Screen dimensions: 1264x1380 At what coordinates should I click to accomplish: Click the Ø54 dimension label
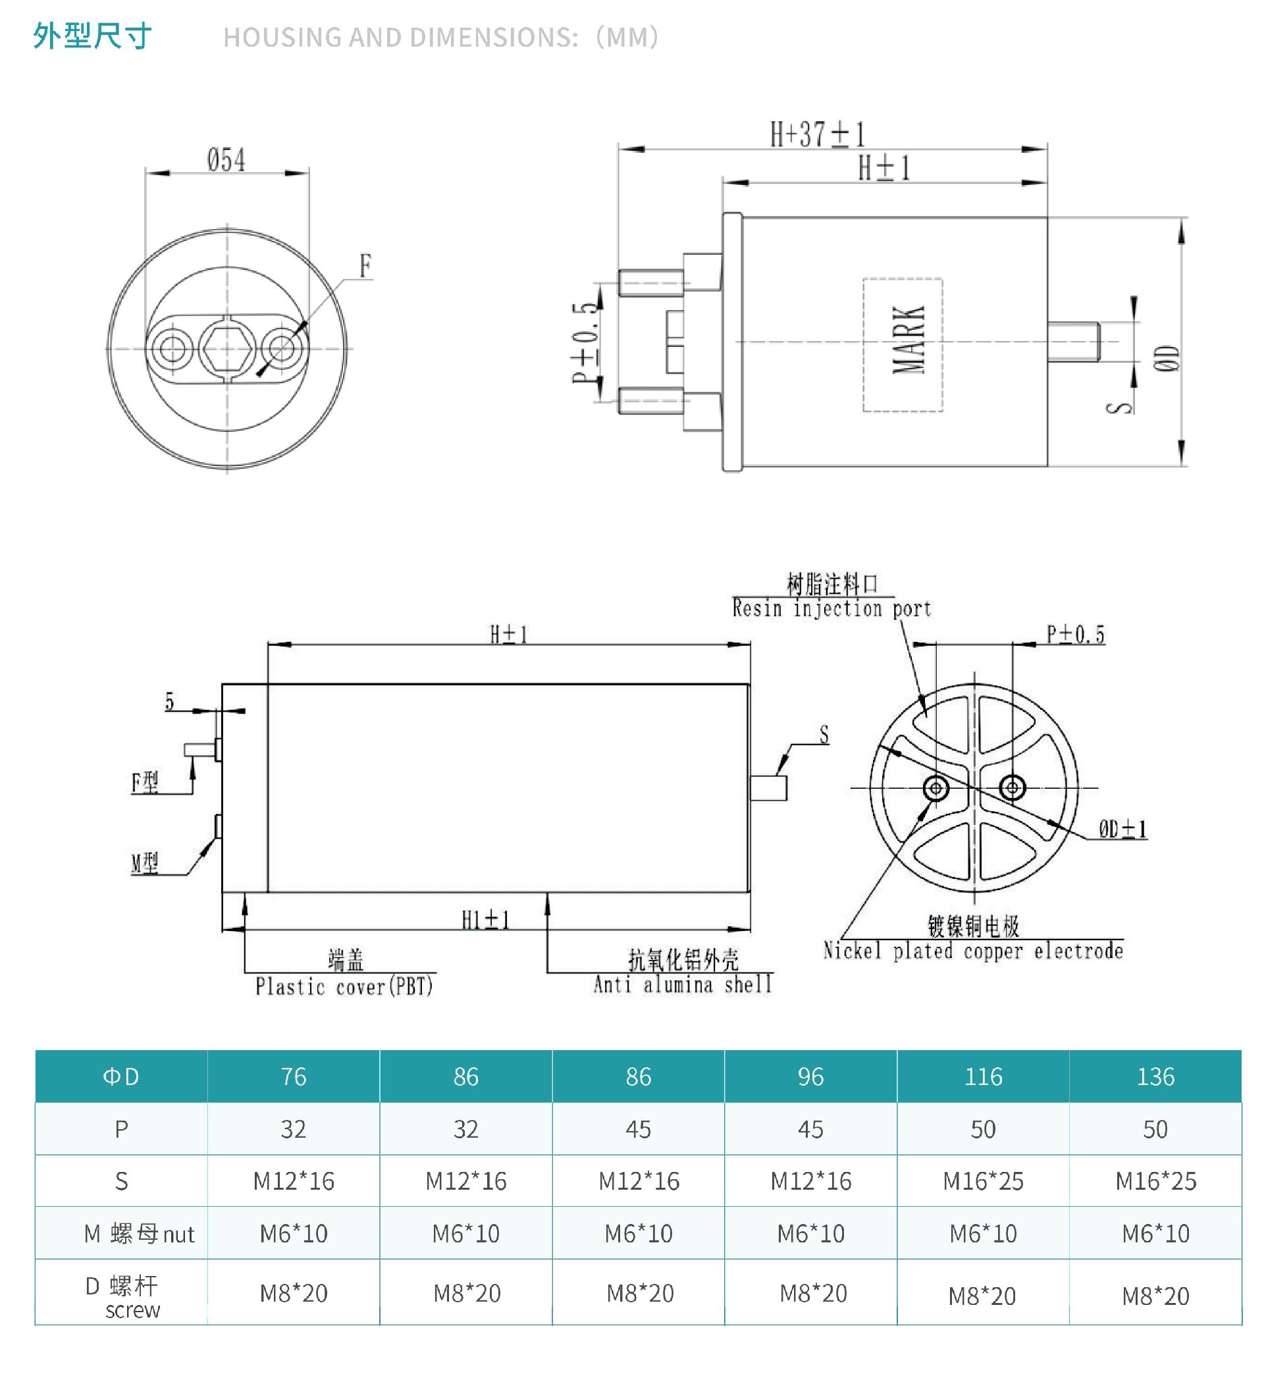click(226, 160)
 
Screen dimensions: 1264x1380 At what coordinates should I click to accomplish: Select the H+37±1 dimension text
click(818, 134)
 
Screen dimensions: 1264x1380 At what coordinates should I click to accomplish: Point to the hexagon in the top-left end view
click(226, 348)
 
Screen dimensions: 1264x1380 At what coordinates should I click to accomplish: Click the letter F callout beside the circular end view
click(365, 265)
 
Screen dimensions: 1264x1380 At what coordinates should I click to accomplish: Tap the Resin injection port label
click(831, 608)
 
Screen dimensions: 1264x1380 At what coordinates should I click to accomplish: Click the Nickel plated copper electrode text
click(973, 951)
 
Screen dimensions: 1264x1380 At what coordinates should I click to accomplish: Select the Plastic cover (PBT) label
click(344, 986)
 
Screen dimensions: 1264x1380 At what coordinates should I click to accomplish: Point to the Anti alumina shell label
click(683, 984)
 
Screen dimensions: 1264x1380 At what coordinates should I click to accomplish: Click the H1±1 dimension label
click(486, 920)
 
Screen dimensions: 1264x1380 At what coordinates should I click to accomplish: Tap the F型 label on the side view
click(145, 782)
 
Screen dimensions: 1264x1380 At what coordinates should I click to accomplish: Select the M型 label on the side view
click(145, 863)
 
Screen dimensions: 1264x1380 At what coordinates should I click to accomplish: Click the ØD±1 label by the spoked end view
click(1122, 830)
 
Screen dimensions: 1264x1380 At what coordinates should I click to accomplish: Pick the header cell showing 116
click(984, 1077)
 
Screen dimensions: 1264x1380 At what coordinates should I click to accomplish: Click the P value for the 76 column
click(294, 1129)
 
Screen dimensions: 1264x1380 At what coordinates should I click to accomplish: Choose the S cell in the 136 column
click(1156, 1181)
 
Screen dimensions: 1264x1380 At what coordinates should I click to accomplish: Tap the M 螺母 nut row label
click(140, 1234)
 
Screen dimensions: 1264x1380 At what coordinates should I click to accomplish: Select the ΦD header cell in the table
click(121, 1077)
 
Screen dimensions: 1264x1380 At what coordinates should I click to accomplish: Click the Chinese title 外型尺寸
click(92, 36)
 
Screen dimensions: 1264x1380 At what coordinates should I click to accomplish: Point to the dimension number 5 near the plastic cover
click(169, 701)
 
